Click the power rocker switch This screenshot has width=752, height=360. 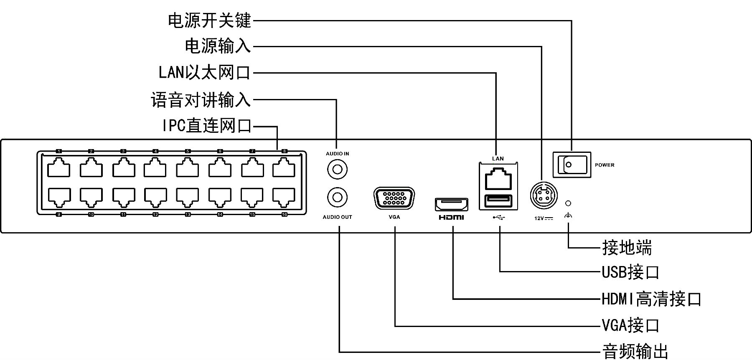click(572, 165)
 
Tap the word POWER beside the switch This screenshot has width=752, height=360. click(605, 165)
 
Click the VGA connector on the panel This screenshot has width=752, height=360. click(394, 198)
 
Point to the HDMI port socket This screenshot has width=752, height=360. click(452, 204)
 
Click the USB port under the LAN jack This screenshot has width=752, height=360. click(498, 201)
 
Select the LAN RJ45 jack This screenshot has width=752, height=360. click(498, 178)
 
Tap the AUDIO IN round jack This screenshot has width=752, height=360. click(337, 170)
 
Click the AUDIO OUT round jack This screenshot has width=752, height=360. click(337, 197)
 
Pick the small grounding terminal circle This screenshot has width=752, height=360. click(568, 203)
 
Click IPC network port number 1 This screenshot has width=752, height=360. click(59, 168)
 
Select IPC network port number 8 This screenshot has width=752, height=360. click(284, 168)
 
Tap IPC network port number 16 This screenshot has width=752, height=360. click(284, 196)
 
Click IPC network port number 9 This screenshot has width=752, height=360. click(59, 196)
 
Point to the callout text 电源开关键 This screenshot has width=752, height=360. click(209, 20)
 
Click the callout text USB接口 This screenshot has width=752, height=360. click(630, 272)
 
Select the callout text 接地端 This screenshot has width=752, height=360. click(627, 248)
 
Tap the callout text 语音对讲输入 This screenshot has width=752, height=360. click(201, 100)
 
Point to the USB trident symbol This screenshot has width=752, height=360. click(498, 217)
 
